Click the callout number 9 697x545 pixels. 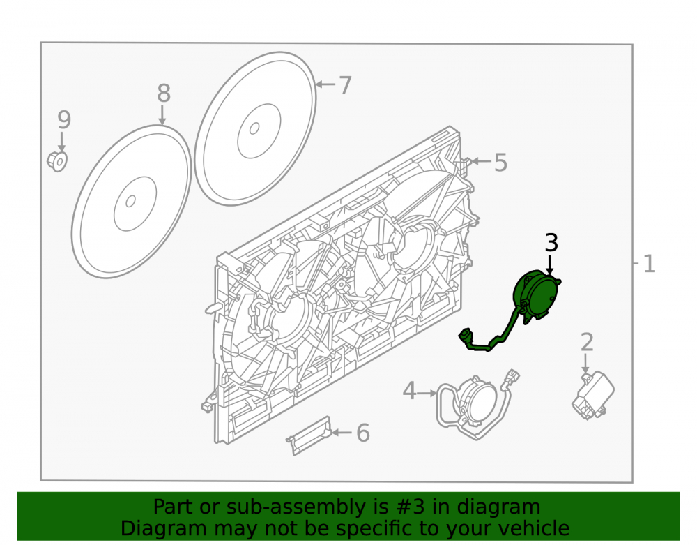coord(64,120)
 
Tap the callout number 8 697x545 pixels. coord(164,94)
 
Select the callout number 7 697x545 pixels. coord(345,85)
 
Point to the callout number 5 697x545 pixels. coord(500,163)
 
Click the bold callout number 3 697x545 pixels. coord(551,243)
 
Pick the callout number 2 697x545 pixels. coord(587,342)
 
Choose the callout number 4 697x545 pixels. coord(409,391)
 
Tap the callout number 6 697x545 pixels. coord(363,433)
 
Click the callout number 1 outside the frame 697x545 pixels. coord(649,264)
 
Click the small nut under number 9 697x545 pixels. coord(57,161)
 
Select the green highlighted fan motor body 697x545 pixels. coord(535,295)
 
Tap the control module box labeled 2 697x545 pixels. coord(593,396)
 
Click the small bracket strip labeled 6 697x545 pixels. coord(309,435)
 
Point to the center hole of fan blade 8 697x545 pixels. coord(130,202)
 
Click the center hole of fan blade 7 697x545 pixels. coord(254,128)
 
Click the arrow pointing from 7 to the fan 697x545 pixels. coord(325,84)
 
